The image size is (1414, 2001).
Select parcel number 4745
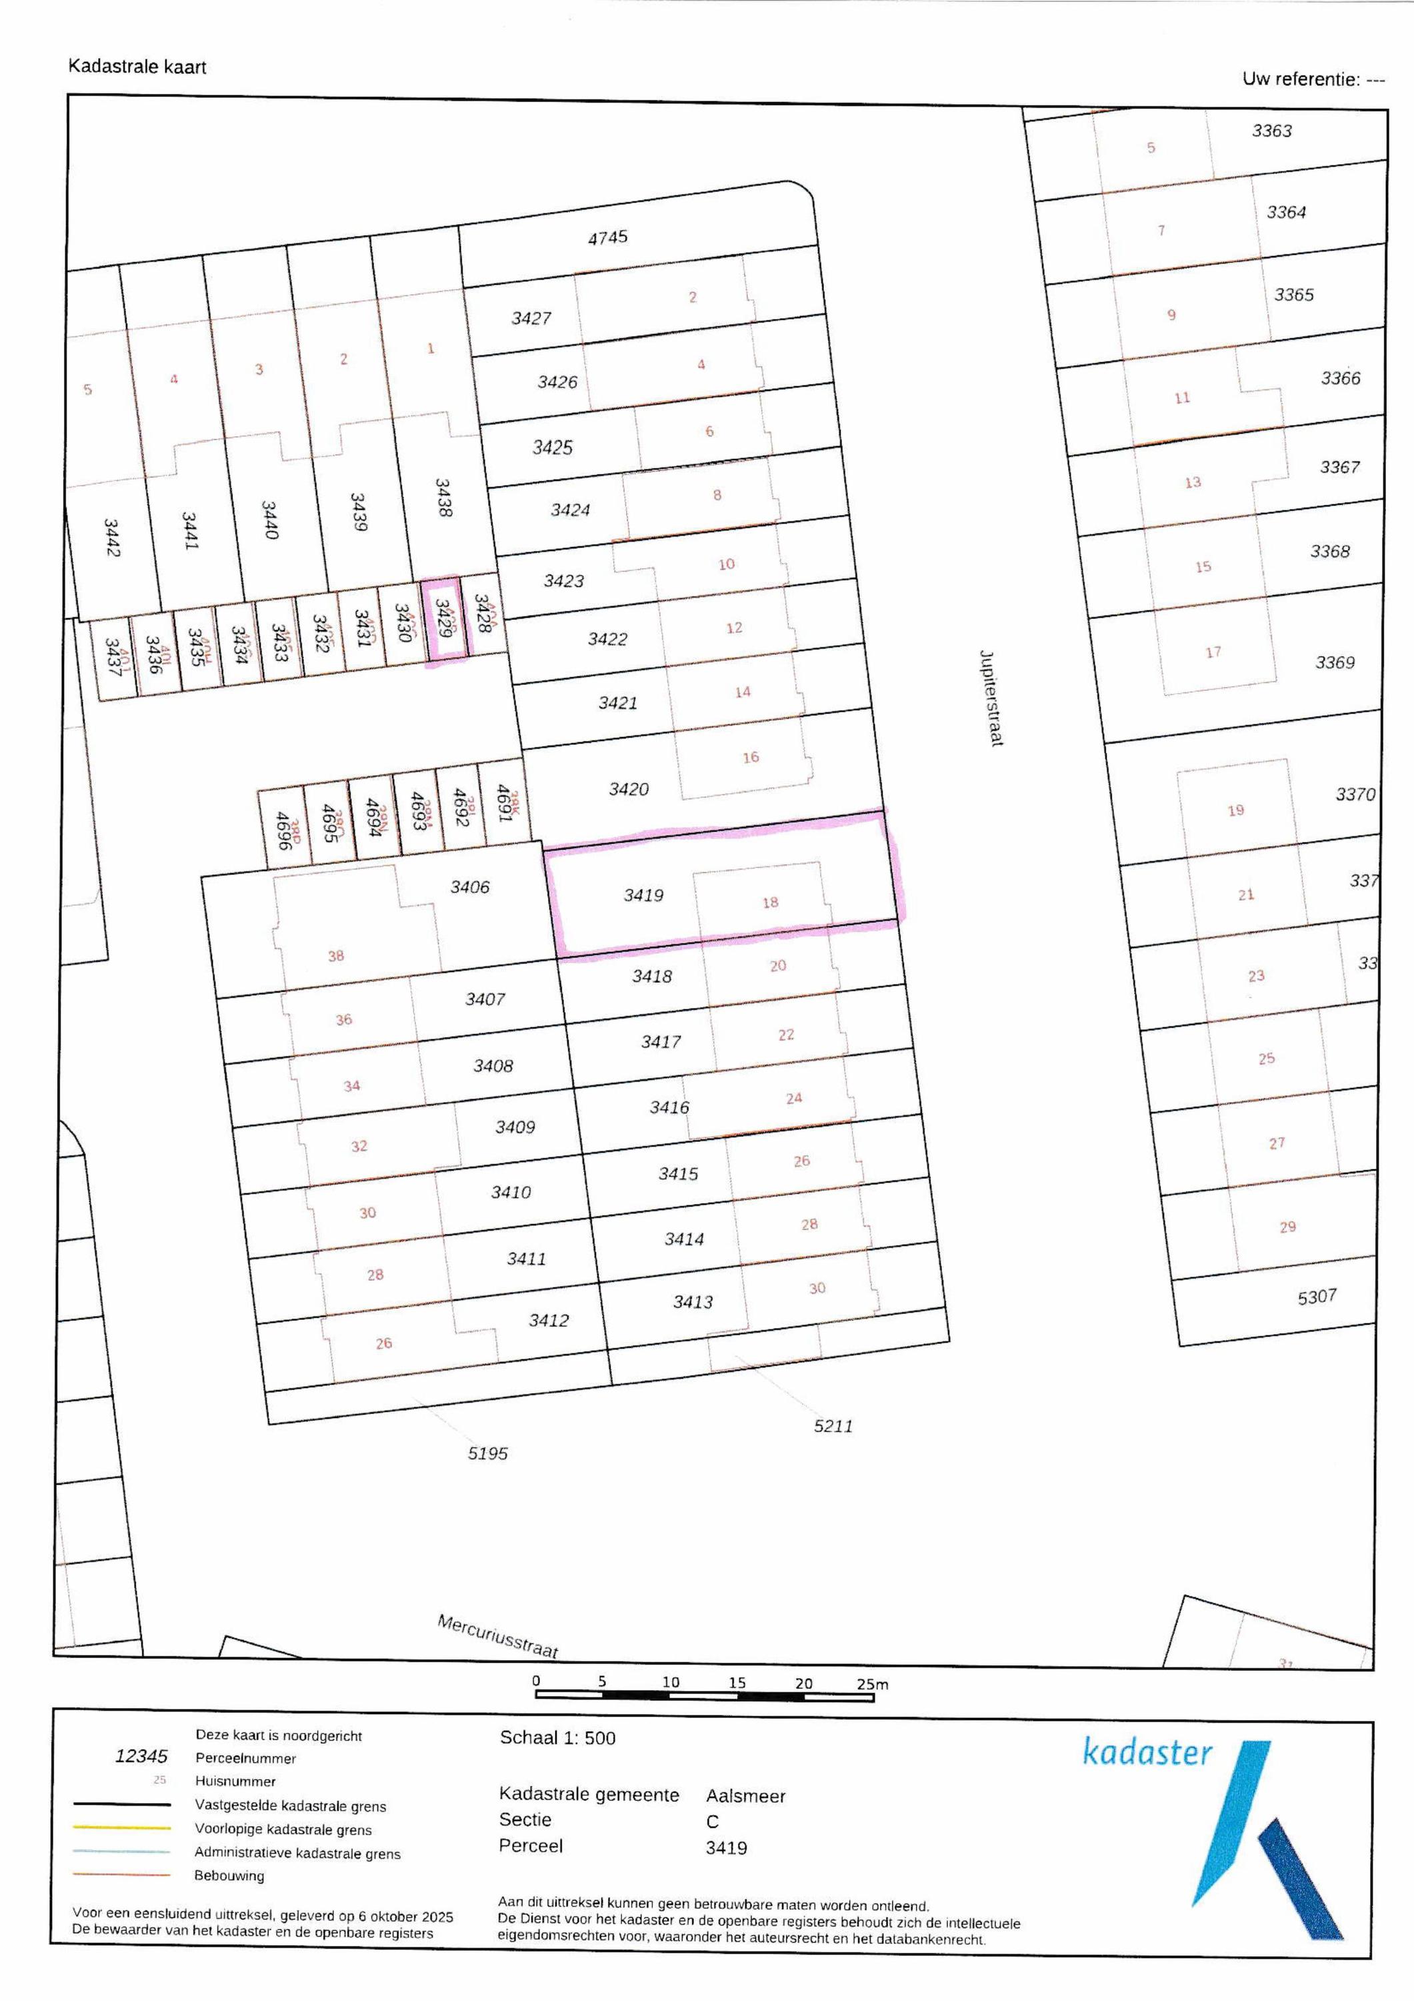(x=607, y=237)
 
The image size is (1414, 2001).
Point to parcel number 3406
(x=469, y=887)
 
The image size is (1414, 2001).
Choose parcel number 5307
(x=1317, y=1297)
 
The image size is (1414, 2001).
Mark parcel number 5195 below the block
(x=488, y=1453)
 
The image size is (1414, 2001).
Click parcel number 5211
(x=833, y=1426)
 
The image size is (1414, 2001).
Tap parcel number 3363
(x=1272, y=131)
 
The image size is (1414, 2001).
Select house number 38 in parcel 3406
(x=336, y=956)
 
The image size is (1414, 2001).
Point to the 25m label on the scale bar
(x=872, y=1684)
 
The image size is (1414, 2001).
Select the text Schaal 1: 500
(x=557, y=1738)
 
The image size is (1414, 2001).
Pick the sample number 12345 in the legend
(x=141, y=1756)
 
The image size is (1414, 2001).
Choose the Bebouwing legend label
(x=229, y=1876)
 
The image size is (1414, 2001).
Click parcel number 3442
(x=111, y=538)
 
